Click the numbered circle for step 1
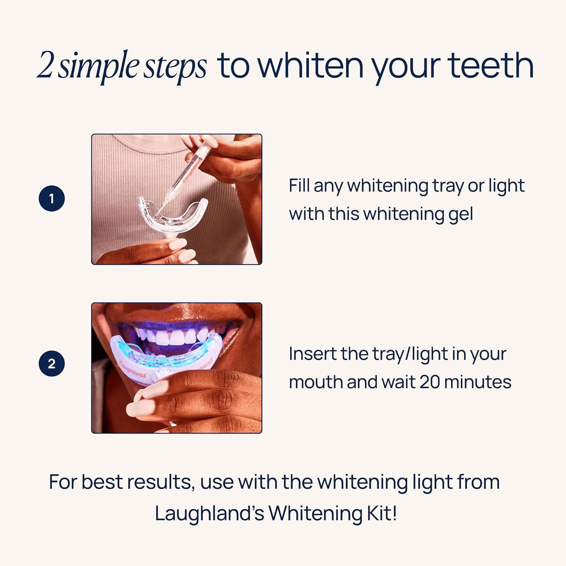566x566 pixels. click(x=52, y=199)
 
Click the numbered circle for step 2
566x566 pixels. click(x=52, y=364)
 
